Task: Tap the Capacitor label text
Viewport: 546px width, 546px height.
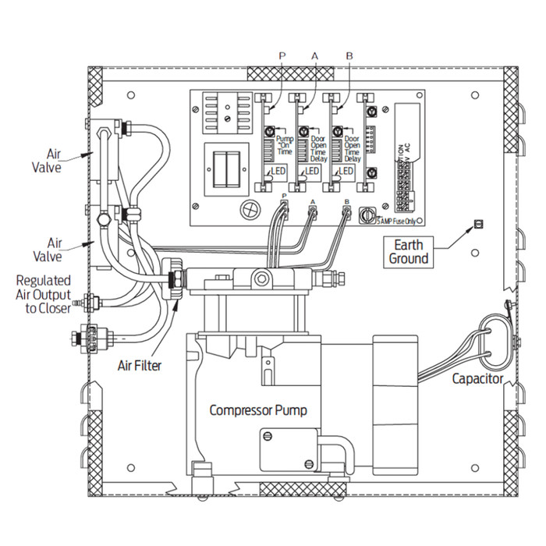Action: pos(477,379)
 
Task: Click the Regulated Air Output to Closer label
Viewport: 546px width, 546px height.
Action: pos(43,293)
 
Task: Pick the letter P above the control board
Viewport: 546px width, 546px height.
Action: pos(282,55)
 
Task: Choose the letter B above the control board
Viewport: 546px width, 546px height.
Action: pos(349,55)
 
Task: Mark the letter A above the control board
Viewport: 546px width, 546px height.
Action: pos(315,55)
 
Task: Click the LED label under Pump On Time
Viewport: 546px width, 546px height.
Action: pos(278,172)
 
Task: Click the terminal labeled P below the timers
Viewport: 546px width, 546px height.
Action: pos(283,208)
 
